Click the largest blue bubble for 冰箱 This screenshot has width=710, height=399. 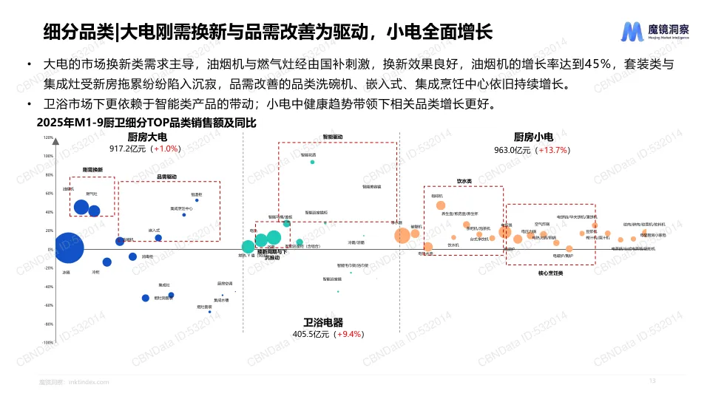tap(69, 248)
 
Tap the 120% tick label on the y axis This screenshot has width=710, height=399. tap(49, 137)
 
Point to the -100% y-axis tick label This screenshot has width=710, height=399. tap(47, 343)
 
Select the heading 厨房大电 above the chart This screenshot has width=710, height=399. tap(147, 137)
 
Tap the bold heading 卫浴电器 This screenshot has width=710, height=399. tap(323, 323)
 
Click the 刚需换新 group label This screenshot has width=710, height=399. tap(92, 170)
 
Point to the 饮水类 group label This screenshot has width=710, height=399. tap(464, 180)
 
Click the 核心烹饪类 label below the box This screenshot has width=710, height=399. tap(550, 273)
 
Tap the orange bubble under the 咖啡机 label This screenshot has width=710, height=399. tap(441, 205)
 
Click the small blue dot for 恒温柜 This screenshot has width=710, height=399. tap(197, 200)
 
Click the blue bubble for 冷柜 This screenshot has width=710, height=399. tap(106, 262)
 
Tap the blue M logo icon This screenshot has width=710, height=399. tap(631, 32)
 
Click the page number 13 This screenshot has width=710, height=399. tap(652, 381)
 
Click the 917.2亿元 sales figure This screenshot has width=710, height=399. tap(129, 149)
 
